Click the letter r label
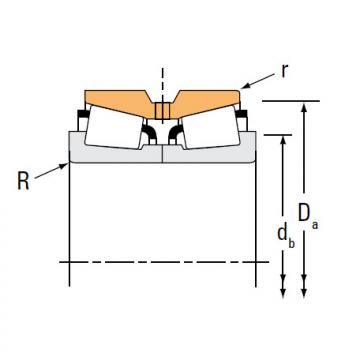click(285, 71)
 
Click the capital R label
click(23, 182)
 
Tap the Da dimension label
click(309, 213)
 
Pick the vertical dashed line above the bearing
click(160, 78)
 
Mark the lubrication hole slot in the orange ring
click(160, 110)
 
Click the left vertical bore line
click(68, 220)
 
